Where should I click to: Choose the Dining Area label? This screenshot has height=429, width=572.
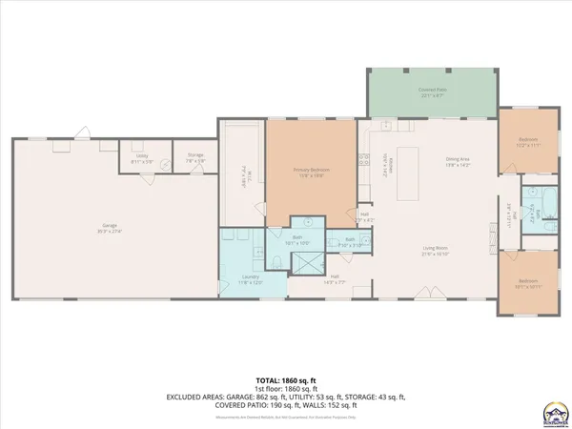point(459,162)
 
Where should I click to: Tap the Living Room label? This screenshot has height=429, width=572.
point(436,252)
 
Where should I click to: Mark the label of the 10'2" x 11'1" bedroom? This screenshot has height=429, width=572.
point(528,144)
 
